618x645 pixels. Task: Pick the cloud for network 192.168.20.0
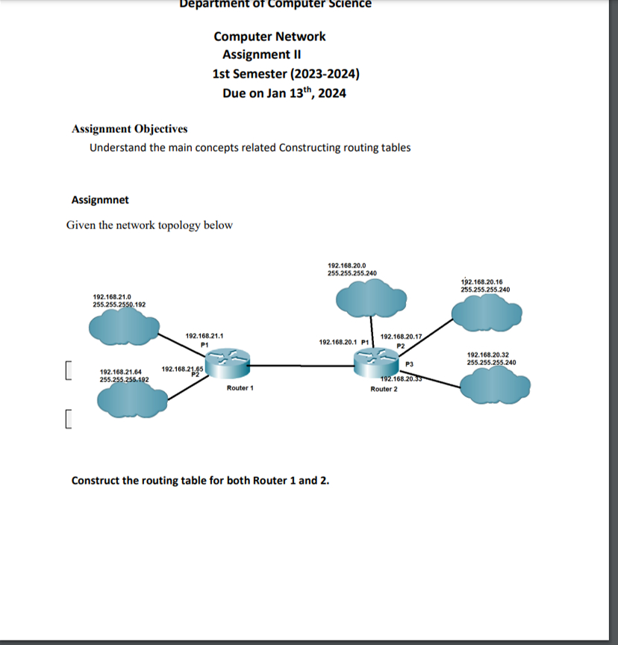pyautogui.click(x=372, y=300)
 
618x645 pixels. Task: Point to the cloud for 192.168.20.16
pyautogui.click(x=485, y=313)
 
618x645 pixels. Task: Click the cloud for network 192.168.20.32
pyautogui.click(x=495, y=387)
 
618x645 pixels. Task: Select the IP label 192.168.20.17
pyautogui.click(x=401, y=337)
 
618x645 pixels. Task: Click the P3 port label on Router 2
pyautogui.click(x=408, y=364)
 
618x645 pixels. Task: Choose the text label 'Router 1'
pyautogui.click(x=240, y=388)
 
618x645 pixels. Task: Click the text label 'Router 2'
pyautogui.click(x=384, y=389)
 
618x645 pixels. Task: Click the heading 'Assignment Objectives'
pyautogui.click(x=129, y=129)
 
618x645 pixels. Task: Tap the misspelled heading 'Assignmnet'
pyautogui.click(x=99, y=200)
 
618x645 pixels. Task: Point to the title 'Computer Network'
pyautogui.click(x=269, y=37)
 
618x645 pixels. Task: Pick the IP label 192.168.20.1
pyautogui.click(x=338, y=342)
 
